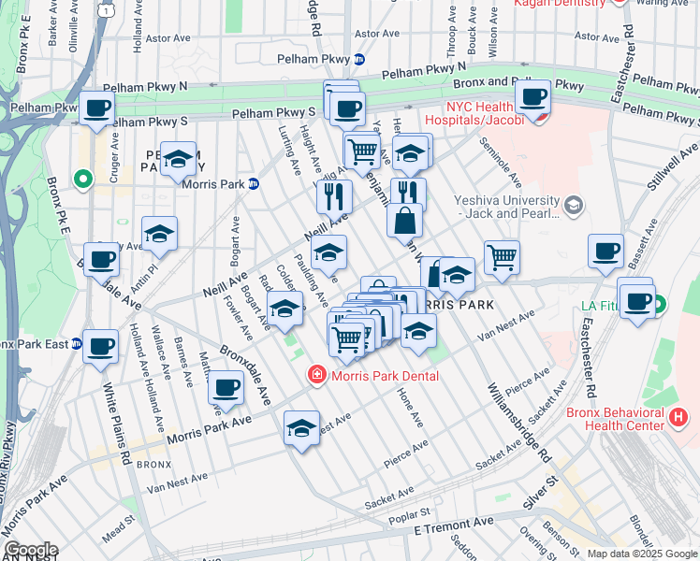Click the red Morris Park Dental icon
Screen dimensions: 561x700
317,376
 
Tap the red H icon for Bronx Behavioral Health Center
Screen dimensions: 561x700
679,416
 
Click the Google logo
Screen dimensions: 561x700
31,550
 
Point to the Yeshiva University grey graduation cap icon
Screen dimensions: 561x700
574,204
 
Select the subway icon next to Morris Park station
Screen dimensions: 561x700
253,183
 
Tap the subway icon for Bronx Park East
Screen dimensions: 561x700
78,344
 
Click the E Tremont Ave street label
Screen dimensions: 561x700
454,524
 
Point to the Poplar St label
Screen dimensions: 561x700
412,512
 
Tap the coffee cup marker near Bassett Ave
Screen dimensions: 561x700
605,252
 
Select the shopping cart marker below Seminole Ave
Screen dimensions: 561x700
502,257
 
